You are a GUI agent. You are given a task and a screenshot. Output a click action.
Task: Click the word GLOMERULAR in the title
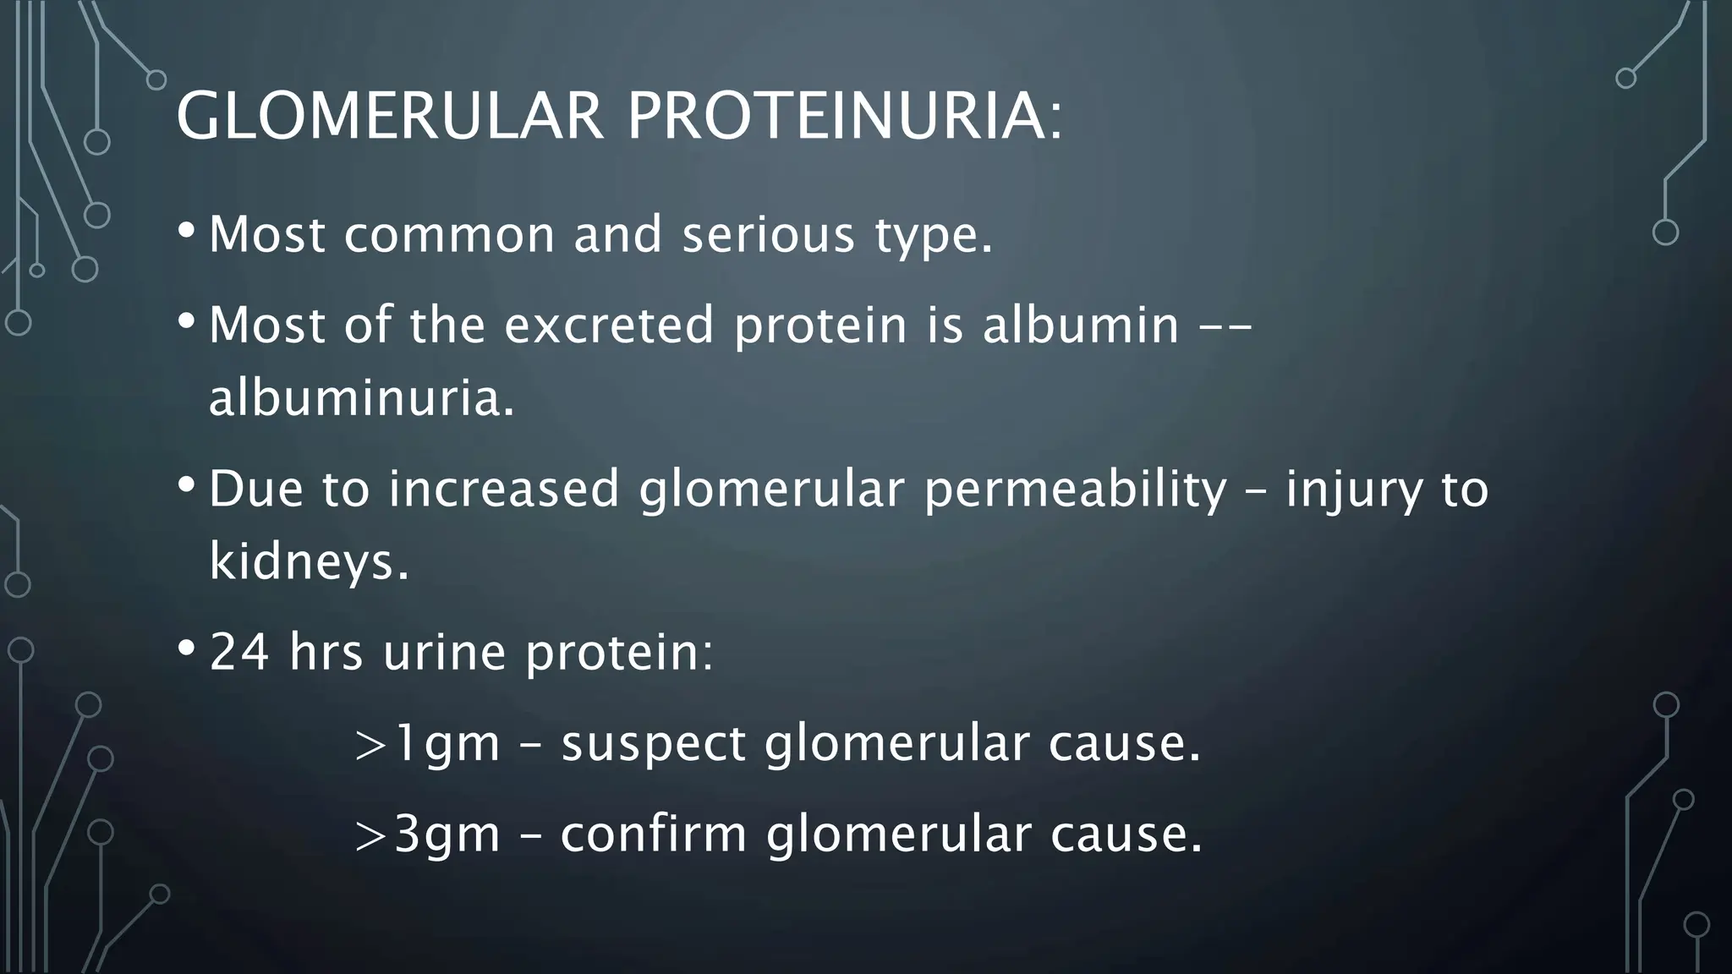(390, 116)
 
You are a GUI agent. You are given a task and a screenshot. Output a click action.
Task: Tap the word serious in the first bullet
(768, 234)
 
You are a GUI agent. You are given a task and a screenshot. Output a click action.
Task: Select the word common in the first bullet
(449, 234)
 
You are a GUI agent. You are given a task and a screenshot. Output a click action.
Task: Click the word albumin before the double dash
(1080, 325)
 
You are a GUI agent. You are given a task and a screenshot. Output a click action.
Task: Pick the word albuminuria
(361, 397)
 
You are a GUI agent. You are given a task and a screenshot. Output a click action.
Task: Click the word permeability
(1075, 490)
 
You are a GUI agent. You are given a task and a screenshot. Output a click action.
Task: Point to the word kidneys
(308, 561)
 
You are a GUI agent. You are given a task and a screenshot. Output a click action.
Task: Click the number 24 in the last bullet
(239, 652)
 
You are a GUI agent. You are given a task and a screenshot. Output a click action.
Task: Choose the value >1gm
(428, 745)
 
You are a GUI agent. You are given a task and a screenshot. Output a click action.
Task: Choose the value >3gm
(428, 834)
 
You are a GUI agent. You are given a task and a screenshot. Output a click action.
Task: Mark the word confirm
(654, 834)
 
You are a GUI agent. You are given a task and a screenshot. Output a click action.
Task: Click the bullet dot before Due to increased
(186, 485)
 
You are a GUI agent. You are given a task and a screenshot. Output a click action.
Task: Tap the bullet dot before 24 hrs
(186, 648)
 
